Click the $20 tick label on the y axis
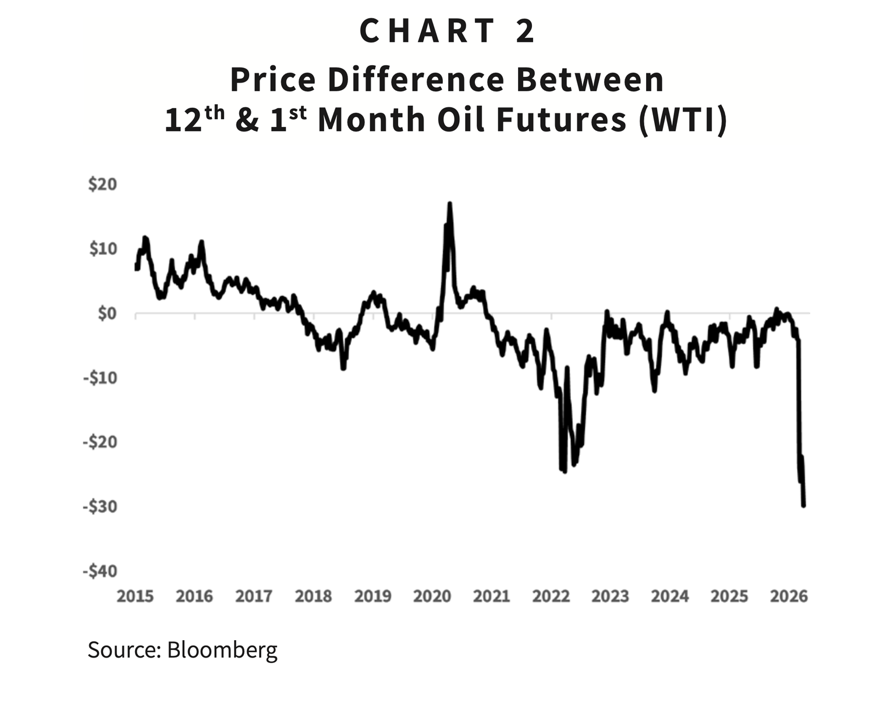pyautogui.click(x=102, y=184)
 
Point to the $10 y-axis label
pyautogui.click(x=102, y=249)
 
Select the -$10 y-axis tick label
pyautogui.click(x=100, y=378)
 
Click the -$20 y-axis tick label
pyautogui.click(x=100, y=442)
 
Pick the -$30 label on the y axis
pyautogui.click(x=100, y=507)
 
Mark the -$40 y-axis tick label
pyautogui.click(x=100, y=571)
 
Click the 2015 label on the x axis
pyautogui.click(x=135, y=596)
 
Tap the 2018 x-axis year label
pyautogui.click(x=313, y=596)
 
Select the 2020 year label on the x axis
pyautogui.click(x=432, y=596)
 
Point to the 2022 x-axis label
pyautogui.click(x=551, y=596)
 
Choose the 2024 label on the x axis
pyautogui.click(x=669, y=596)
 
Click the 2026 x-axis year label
pyautogui.click(x=789, y=596)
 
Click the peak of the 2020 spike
pyautogui.click(x=449, y=204)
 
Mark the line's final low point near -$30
pyautogui.click(x=804, y=505)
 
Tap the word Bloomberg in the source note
pyautogui.click(x=222, y=649)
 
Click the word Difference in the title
pyautogui.click(x=416, y=80)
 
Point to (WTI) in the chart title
pyautogui.click(x=683, y=120)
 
